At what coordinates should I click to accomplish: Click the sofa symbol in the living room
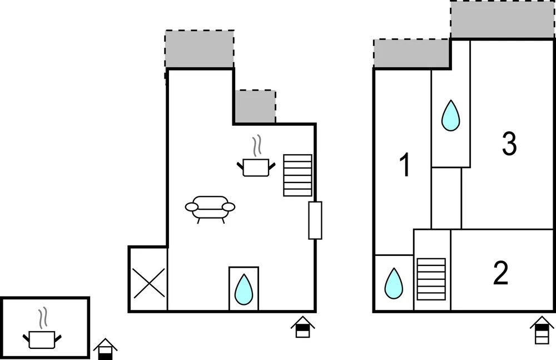pyautogui.click(x=210, y=209)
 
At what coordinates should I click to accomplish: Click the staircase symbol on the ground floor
pyautogui.click(x=297, y=175)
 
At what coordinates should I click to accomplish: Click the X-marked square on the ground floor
pyautogui.click(x=148, y=283)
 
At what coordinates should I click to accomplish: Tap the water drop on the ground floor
pyautogui.click(x=244, y=289)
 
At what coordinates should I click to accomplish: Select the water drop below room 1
pyautogui.click(x=394, y=283)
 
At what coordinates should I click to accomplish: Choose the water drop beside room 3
pyautogui.click(x=451, y=116)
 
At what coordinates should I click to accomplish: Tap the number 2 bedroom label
pyautogui.click(x=501, y=273)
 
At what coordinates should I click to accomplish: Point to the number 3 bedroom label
pyautogui.click(x=509, y=144)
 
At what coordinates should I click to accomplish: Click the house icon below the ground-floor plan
pyautogui.click(x=303, y=327)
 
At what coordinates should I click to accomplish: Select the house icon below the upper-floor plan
pyautogui.click(x=542, y=330)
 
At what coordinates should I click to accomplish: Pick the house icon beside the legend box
pyautogui.click(x=105, y=349)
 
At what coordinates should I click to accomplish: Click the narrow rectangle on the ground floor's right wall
pyautogui.click(x=315, y=220)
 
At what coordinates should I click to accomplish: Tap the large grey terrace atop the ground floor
pyautogui.click(x=200, y=49)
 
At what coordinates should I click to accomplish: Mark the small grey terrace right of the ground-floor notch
pyautogui.click(x=255, y=106)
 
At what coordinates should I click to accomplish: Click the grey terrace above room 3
pyautogui.click(x=503, y=19)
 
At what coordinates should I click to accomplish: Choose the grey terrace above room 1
pyautogui.click(x=411, y=53)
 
